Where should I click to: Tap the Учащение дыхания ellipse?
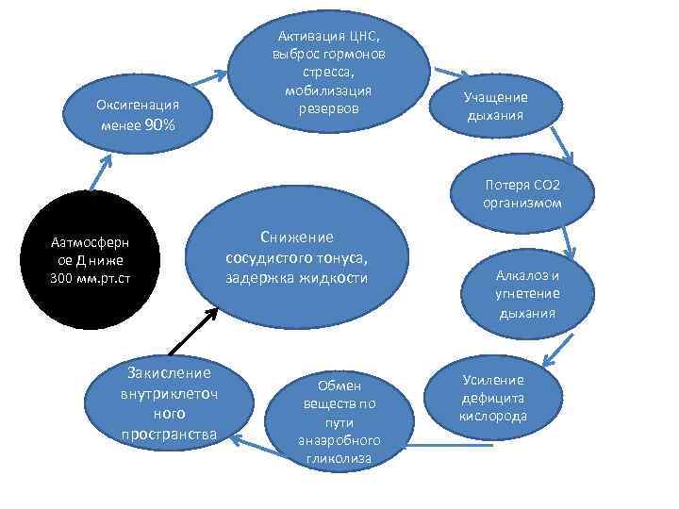(495, 107)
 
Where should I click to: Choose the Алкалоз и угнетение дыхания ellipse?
(528, 293)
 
